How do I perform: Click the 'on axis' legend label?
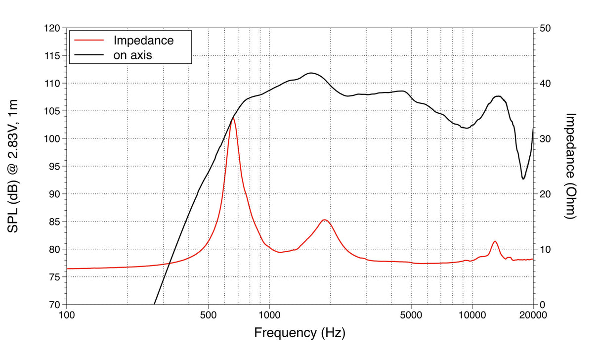[x=132, y=55]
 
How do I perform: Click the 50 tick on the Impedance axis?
[x=545, y=29]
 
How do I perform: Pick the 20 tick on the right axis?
[x=545, y=194]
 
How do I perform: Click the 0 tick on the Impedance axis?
[x=542, y=305]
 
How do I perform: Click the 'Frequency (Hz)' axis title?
[x=300, y=332]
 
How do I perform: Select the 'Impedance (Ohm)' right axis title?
[x=571, y=166]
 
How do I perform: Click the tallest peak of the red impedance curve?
[x=232, y=118]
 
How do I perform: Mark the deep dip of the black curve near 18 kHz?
[x=523, y=179]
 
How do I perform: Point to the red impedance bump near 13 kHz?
[x=495, y=241]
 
